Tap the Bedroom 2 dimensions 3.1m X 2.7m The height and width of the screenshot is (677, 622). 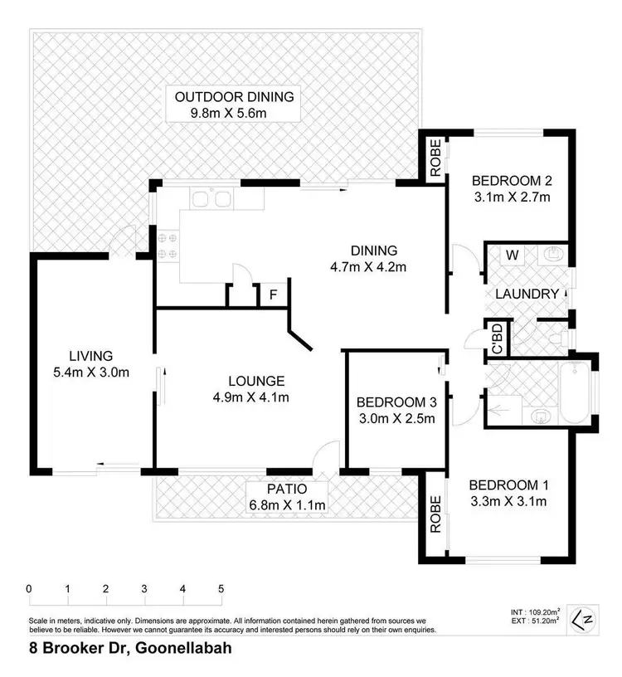coord(511,197)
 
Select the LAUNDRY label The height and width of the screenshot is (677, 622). coord(526,294)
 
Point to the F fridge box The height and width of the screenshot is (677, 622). coord(271,295)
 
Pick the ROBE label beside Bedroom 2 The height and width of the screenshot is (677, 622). coord(435,160)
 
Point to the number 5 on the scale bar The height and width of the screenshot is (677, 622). coord(221,589)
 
